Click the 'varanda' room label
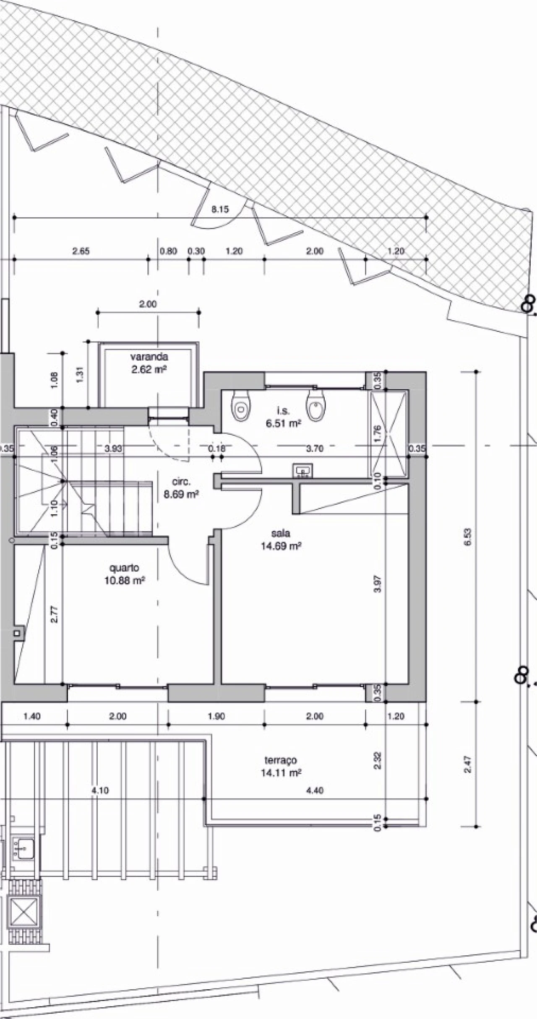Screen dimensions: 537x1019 pyautogui.click(x=149, y=357)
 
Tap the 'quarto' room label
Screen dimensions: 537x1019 pyautogui.click(x=124, y=568)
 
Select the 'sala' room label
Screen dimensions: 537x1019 pyautogui.click(x=281, y=534)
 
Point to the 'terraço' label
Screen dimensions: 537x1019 pyautogui.click(x=281, y=760)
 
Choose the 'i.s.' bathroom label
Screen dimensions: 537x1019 pyautogui.click(x=283, y=411)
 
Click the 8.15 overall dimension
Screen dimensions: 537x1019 pyautogui.click(x=220, y=209)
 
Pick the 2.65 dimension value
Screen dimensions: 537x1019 pyautogui.click(x=81, y=251)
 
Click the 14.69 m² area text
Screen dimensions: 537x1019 pyautogui.click(x=281, y=546)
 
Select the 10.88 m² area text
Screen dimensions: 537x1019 pyautogui.click(x=124, y=581)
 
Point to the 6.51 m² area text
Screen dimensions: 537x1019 pyautogui.click(x=283, y=423)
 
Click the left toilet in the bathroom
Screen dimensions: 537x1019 pyautogui.click(x=241, y=404)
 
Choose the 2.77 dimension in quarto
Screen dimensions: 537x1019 pyautogui.click(x=55, y=615)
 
